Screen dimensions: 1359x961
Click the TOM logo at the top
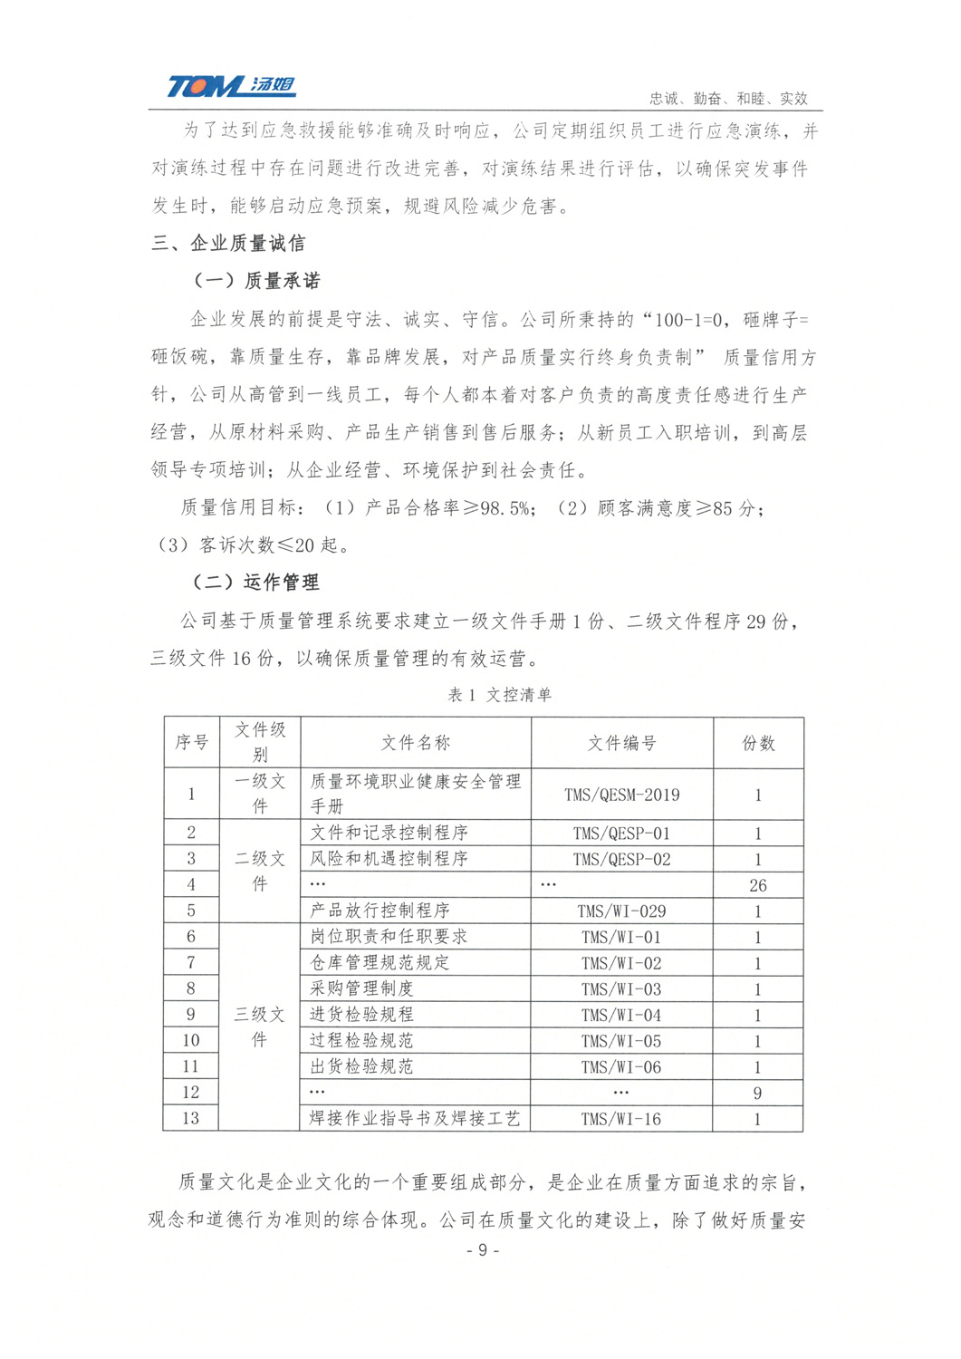pos(231,86)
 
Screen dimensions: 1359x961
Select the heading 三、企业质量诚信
pos(229,243)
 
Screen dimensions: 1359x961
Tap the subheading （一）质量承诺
pos(256,281)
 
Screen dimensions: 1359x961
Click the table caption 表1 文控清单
pos(500,695)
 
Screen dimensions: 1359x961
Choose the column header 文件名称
pos(415,743)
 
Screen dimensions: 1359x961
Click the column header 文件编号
pos(621,743)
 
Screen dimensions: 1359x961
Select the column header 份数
pos(758,743)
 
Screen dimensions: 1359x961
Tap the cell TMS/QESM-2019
pos(621,795)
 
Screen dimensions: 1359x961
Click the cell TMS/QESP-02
pos(621,859)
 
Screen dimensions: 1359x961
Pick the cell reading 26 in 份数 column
pos(758,885)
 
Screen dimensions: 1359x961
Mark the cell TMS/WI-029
pos(621,911)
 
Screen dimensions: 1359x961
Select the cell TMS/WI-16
pos(621,1119)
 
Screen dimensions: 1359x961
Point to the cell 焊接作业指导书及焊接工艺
pos(415,1119)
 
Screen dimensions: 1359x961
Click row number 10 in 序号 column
pos(191,1041)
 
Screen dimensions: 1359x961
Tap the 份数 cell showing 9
pos(758,1093)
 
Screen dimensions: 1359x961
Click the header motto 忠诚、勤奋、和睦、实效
pos(728,98)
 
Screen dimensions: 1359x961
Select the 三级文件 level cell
pos(260,1027)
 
